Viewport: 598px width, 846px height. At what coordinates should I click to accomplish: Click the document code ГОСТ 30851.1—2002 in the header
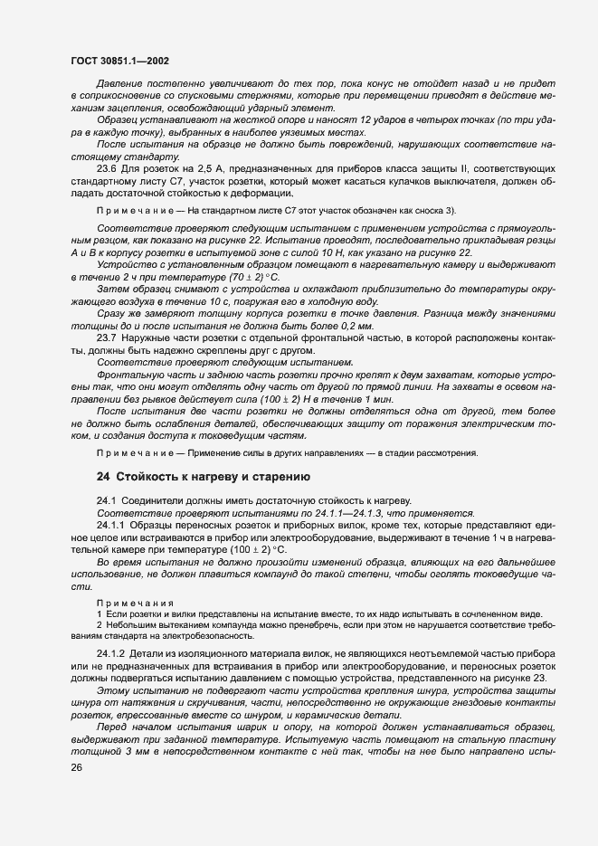(119, 61)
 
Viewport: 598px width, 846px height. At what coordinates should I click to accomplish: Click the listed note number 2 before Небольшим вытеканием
(100, 624)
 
